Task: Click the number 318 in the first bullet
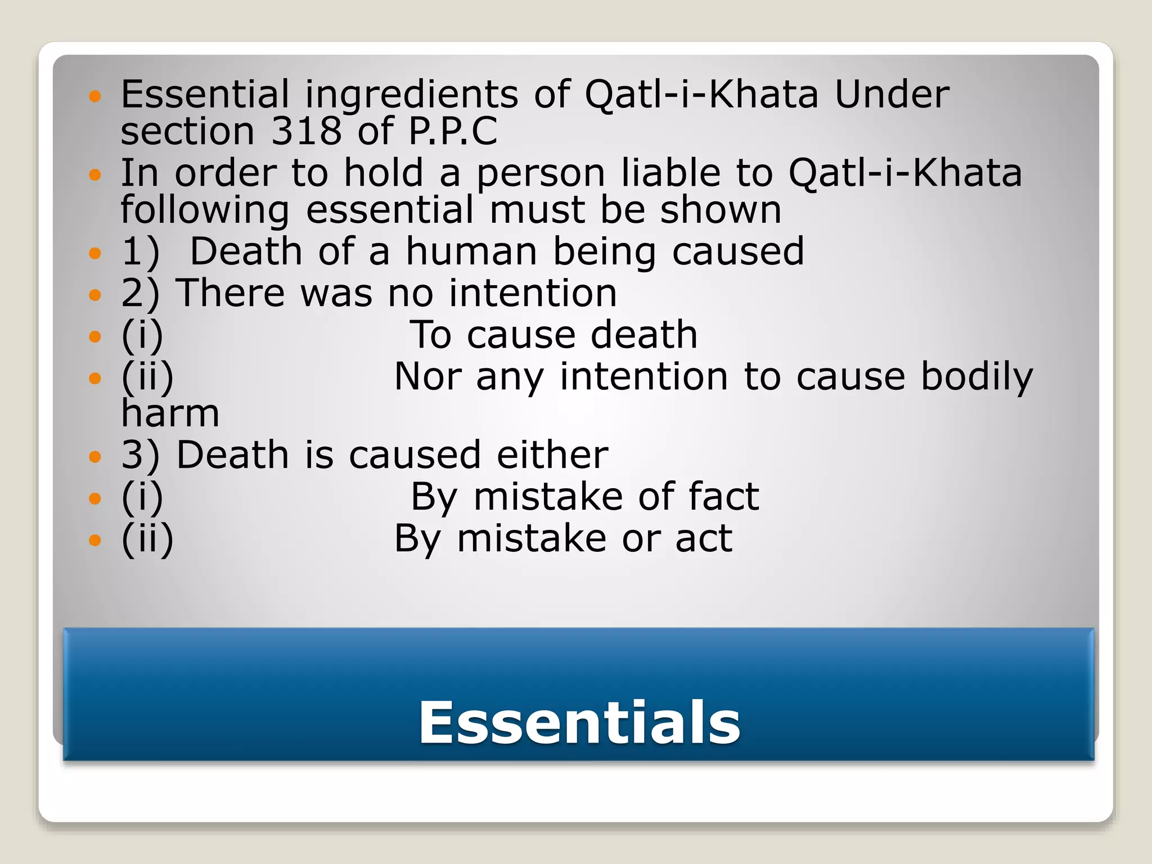pos(306,131)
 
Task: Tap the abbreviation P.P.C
pos(453,131)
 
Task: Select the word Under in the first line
pos(892,94)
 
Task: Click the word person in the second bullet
pos(541,174)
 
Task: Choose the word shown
pos(721,210)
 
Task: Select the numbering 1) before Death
pos(140,252)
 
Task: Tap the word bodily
pos(976,378)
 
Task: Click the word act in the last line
pos(704,538)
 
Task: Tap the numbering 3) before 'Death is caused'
pos(140,455)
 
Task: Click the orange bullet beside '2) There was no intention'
pos(95,294)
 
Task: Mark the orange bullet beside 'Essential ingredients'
pos(95,96)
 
